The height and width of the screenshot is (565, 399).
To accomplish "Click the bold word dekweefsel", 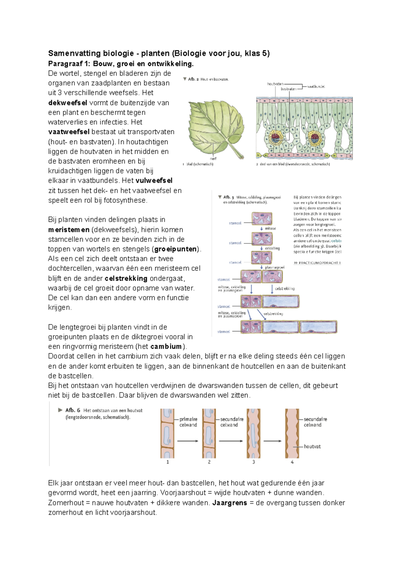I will (x=67, y=103).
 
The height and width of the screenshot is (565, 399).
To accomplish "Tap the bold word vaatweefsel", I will (x=69, y=132).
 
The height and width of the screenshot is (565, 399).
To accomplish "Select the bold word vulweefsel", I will (x=154, y=180).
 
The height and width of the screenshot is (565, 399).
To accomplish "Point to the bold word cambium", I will (x=166, y=346).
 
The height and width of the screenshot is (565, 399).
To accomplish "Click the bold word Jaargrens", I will (x=229, y=503).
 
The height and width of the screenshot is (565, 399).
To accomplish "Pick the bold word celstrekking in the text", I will (x=126, y=278).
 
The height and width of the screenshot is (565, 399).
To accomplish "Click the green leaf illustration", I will (x=214, y=128).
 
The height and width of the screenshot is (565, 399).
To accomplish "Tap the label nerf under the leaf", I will (x=213, y=158).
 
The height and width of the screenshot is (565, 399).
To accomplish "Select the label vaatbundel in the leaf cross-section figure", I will (x=316, y=86).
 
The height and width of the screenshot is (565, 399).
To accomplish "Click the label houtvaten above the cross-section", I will (x=275, y=84).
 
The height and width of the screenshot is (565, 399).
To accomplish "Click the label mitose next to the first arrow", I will (x=270, y=228).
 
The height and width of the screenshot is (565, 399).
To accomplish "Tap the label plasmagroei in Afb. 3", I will (x=275, y=267).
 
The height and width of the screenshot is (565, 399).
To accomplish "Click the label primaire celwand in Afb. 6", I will (x=188, y=422).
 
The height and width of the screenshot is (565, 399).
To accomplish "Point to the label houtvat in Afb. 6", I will (x=312, y=446).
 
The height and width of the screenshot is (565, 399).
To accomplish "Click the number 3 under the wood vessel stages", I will (x=254, y=462).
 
